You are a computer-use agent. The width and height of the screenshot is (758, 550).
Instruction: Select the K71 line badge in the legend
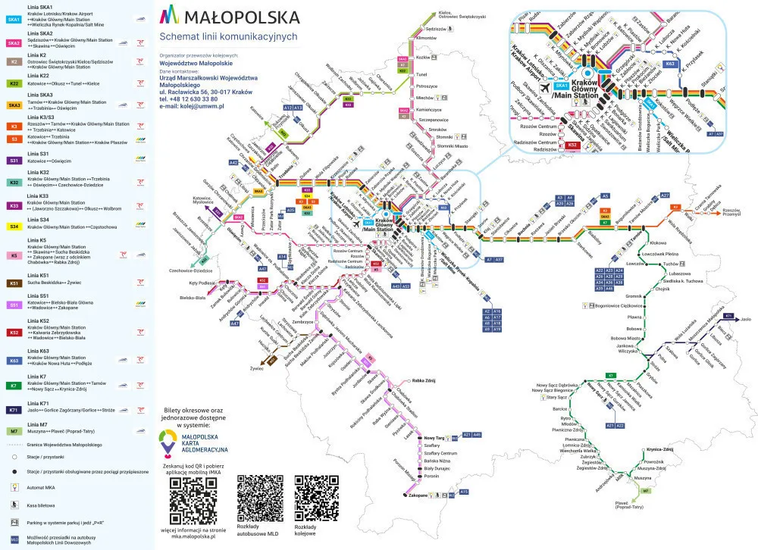(14, 409)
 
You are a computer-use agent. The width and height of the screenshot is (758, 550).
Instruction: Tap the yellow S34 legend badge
(14, 227)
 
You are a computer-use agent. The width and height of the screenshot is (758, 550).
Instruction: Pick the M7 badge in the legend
(14, 431)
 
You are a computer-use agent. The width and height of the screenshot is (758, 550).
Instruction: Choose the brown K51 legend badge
(14, 283)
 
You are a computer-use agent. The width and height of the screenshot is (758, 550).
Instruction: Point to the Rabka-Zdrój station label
(424, 380)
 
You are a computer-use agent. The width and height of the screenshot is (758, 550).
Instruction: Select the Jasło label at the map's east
(746, 319)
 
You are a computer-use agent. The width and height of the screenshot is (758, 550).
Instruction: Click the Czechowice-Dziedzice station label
(188, 270)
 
